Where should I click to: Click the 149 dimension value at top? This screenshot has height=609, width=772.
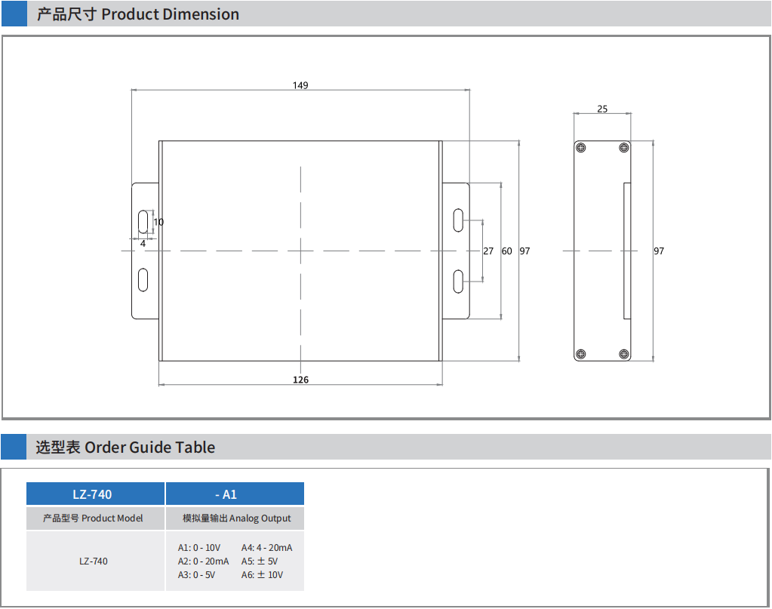pos(300,85)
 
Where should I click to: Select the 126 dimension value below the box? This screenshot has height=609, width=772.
pos(300,380)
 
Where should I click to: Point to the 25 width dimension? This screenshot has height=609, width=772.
pos(602,109)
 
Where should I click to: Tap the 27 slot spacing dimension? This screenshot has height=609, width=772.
pos(488,251)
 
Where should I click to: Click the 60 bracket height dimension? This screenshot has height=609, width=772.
pos(506,251)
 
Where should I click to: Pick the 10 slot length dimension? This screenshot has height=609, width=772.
pos(158,222)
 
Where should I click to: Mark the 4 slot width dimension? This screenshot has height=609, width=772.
pos(143,243)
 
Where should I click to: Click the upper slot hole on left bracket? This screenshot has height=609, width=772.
pos(143,222)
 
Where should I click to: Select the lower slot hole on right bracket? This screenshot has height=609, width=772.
pos(458,281)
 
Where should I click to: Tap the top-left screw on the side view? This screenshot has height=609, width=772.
pos(580,147)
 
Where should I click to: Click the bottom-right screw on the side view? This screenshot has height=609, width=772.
pos(623,354)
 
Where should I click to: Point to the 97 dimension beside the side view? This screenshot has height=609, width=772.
pos(659,251)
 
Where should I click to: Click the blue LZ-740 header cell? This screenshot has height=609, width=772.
pos(93,494)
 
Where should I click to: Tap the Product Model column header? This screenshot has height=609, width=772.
pos(93,518)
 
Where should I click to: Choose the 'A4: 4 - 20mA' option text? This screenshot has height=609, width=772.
pos(266,547)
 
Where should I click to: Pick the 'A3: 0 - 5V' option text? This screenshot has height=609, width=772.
pos(196,574)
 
